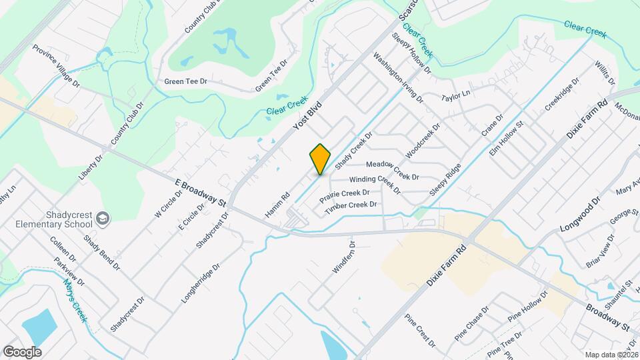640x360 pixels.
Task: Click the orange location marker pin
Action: pyautogui.click(x=320, y=159)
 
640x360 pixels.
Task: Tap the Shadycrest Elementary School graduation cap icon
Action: pyautogui.click(x=103, y=218)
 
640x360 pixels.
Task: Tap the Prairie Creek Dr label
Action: pyautogui.click(x=344, y=196)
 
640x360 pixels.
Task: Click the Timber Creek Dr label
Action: pyautogui.click(x=351, y=208)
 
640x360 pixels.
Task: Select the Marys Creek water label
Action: pyautogui.click(x=76, y=299)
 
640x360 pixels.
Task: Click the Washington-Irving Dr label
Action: pyautogui.click(x=398, y=77)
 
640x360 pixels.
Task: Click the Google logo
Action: pyautogui.click(x=22, y=351)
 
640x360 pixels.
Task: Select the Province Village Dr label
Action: pyautogui.click(x=56, y=66)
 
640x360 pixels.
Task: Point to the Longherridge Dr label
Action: pyautogui.click(x=200, y=283)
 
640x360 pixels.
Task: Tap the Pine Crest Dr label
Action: pyautogui.click(x=420, y=329)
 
